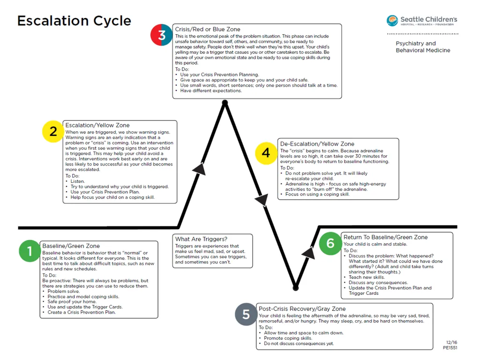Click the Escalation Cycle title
74,21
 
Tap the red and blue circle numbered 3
161,35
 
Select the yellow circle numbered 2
53,131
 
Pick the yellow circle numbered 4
266,153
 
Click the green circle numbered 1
30,251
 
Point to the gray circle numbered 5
246,314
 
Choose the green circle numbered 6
330,243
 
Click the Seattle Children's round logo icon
392,21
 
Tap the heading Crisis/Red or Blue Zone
208,30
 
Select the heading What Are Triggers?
201,239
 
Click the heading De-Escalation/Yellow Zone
317,144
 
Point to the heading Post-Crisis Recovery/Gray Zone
302,309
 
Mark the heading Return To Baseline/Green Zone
385,237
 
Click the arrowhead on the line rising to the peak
200,169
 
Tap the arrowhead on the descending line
262,200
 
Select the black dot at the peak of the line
225,103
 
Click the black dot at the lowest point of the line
295,288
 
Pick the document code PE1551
450,348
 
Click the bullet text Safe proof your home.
72,301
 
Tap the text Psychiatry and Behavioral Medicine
423,47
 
